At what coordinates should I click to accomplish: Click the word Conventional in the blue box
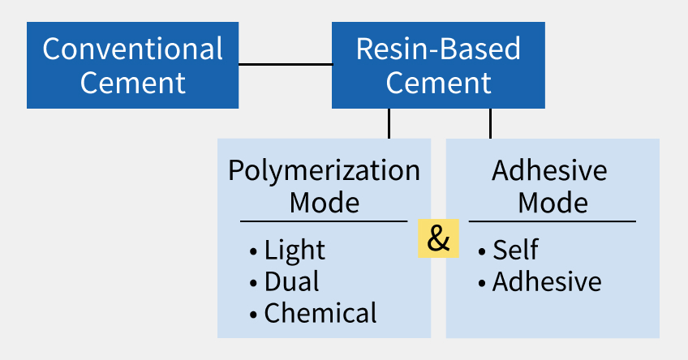132,49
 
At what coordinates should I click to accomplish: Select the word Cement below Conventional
132,83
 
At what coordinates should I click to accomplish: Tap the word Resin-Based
438,49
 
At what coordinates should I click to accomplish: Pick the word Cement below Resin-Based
438,83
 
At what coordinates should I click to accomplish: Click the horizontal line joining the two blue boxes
285,64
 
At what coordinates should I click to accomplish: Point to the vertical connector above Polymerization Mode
389,123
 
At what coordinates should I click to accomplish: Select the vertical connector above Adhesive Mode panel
490,123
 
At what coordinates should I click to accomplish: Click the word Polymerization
324,171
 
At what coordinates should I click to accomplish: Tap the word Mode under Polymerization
324,202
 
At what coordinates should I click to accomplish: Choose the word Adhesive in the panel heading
549,171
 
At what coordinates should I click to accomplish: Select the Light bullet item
295,251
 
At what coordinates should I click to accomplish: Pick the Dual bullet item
291,281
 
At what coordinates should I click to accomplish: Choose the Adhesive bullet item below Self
547,281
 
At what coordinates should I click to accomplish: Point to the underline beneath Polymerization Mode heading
324,221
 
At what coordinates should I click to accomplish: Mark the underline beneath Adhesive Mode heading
553,221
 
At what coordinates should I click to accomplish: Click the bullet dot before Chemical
255,314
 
